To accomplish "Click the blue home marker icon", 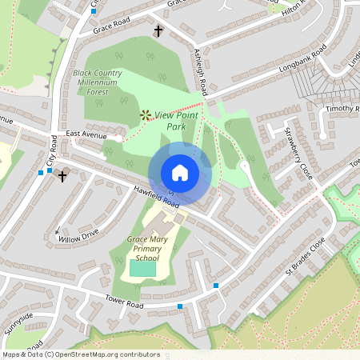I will pyautogui.click(x=179, y=173).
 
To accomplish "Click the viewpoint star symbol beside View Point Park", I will pyautogui.click(x=146, y=115).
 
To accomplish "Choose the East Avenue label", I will pyautogui.click(x=86, y=134).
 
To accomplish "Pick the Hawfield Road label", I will pyautogui.click(x=157, y=197).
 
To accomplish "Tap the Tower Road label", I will pyautogui.click(x=124, y=300).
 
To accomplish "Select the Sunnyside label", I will pyautogui.click(x=18, y=324).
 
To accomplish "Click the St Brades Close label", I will pyautogui.click(x=306, y=258).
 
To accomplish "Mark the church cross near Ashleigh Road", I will pyautogui.click(x=158, y=32).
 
